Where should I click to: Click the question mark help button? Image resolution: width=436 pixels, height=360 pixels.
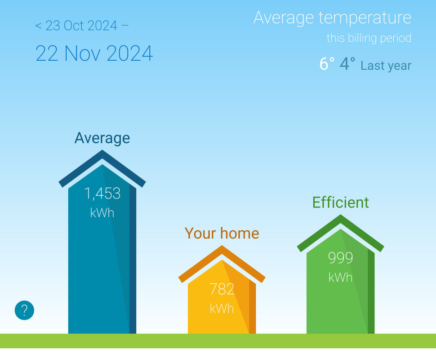pos(24,310)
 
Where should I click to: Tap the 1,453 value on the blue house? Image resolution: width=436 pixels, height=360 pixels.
pos(102,193)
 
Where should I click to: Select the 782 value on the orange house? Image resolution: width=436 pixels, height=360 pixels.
pos(222,289)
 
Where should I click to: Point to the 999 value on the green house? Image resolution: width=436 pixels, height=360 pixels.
pos(340,257)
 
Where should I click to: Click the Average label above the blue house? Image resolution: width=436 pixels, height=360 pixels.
pos(102,138)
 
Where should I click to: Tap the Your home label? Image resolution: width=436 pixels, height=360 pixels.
pos(222,233)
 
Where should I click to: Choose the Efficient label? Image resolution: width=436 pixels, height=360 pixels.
pos(341,202)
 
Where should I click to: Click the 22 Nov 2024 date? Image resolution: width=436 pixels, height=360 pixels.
pos(94,53)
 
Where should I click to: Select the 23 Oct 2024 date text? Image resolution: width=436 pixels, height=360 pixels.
pos(81,26)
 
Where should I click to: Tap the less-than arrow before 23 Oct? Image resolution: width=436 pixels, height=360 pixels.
pos(38,26)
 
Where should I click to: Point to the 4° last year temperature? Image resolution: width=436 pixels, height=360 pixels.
pos(347,64)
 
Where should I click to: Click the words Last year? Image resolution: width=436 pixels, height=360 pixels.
pos(386,66)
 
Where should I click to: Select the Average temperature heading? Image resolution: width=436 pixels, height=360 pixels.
pos(332,18)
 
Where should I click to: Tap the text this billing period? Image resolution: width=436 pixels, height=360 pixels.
pos(369,38)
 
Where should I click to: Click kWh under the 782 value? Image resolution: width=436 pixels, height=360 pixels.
pos(222,309)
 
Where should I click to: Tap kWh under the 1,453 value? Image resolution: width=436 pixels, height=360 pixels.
pos(102,213)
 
